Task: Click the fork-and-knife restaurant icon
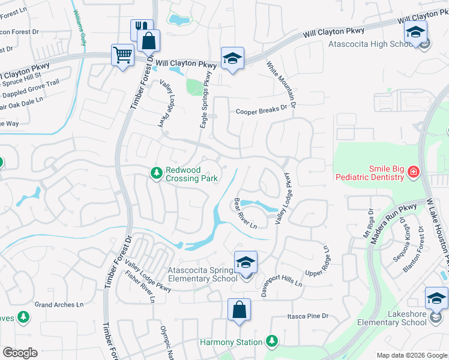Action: pos(139,28)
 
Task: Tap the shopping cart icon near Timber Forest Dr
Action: pos(122,56)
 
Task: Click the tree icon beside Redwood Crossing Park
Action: pos(156,173)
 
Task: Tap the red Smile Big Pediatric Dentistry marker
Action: pos(413,173)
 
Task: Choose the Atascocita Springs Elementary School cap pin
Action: pos(246,263)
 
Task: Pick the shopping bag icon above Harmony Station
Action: pos(239,311)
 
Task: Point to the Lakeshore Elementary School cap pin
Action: pos(436,299)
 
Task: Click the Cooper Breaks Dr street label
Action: pos(262,111)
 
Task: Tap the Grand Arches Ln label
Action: pos(59,305)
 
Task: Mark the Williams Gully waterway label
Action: pos(79,28)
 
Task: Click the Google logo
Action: pos(20,353)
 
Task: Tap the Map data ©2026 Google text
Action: pos(411,355)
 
